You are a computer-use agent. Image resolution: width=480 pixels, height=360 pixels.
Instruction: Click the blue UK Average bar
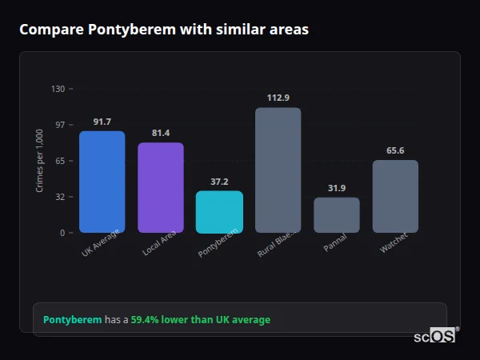[102, 182]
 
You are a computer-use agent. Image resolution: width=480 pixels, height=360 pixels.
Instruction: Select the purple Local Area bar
[161, 188]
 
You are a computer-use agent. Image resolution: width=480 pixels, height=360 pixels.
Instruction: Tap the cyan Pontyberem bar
[219, 212]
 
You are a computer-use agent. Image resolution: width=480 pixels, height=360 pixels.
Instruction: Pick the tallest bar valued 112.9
[278, 170]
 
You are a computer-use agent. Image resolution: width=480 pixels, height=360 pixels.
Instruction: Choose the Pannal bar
[337, 215]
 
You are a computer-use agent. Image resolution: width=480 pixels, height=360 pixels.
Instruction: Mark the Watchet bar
[395, 197]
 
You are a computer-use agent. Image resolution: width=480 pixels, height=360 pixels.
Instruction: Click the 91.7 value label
[102, 122]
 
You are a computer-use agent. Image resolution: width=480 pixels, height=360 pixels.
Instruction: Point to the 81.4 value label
[161, 133]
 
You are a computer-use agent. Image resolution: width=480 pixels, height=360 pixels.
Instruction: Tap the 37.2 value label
[219, 182]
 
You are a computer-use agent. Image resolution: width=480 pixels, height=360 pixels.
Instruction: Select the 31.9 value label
[337, 188]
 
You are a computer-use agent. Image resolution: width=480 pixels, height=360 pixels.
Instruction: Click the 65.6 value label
[395, 150]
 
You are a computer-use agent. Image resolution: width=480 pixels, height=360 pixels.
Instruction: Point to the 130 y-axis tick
[58, 89]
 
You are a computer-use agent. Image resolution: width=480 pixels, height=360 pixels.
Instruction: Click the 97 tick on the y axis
[60, 125]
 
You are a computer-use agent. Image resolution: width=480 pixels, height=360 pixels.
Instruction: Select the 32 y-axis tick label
[60, 197]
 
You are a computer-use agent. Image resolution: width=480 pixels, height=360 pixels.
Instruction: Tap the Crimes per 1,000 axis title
[40, 161]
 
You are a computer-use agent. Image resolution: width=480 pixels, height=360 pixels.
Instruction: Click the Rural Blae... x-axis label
[276, 243]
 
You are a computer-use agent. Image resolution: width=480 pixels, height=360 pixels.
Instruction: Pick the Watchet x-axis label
[394, 242]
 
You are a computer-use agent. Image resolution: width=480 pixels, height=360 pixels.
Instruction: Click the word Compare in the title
[47, 30]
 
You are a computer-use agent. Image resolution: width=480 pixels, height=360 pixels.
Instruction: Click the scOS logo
[435, 336]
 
